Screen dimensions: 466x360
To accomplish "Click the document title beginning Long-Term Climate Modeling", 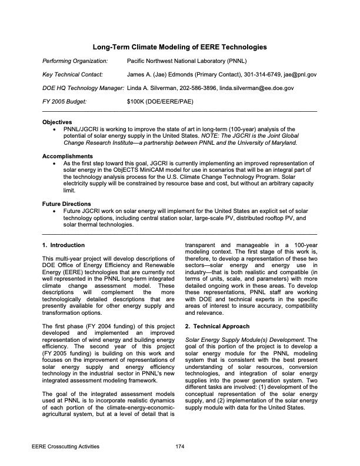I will pyautogui.click(x=179, y=46).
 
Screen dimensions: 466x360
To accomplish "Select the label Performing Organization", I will pyautogui.click(x=75, y=61).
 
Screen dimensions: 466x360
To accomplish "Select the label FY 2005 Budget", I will pyautogui.click(x=65, y=102).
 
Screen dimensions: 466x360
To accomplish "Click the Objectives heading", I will pyautogui.click(x=57, y=122).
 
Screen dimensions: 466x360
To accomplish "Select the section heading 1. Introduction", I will pyautogui.click(x=64, y=245).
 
